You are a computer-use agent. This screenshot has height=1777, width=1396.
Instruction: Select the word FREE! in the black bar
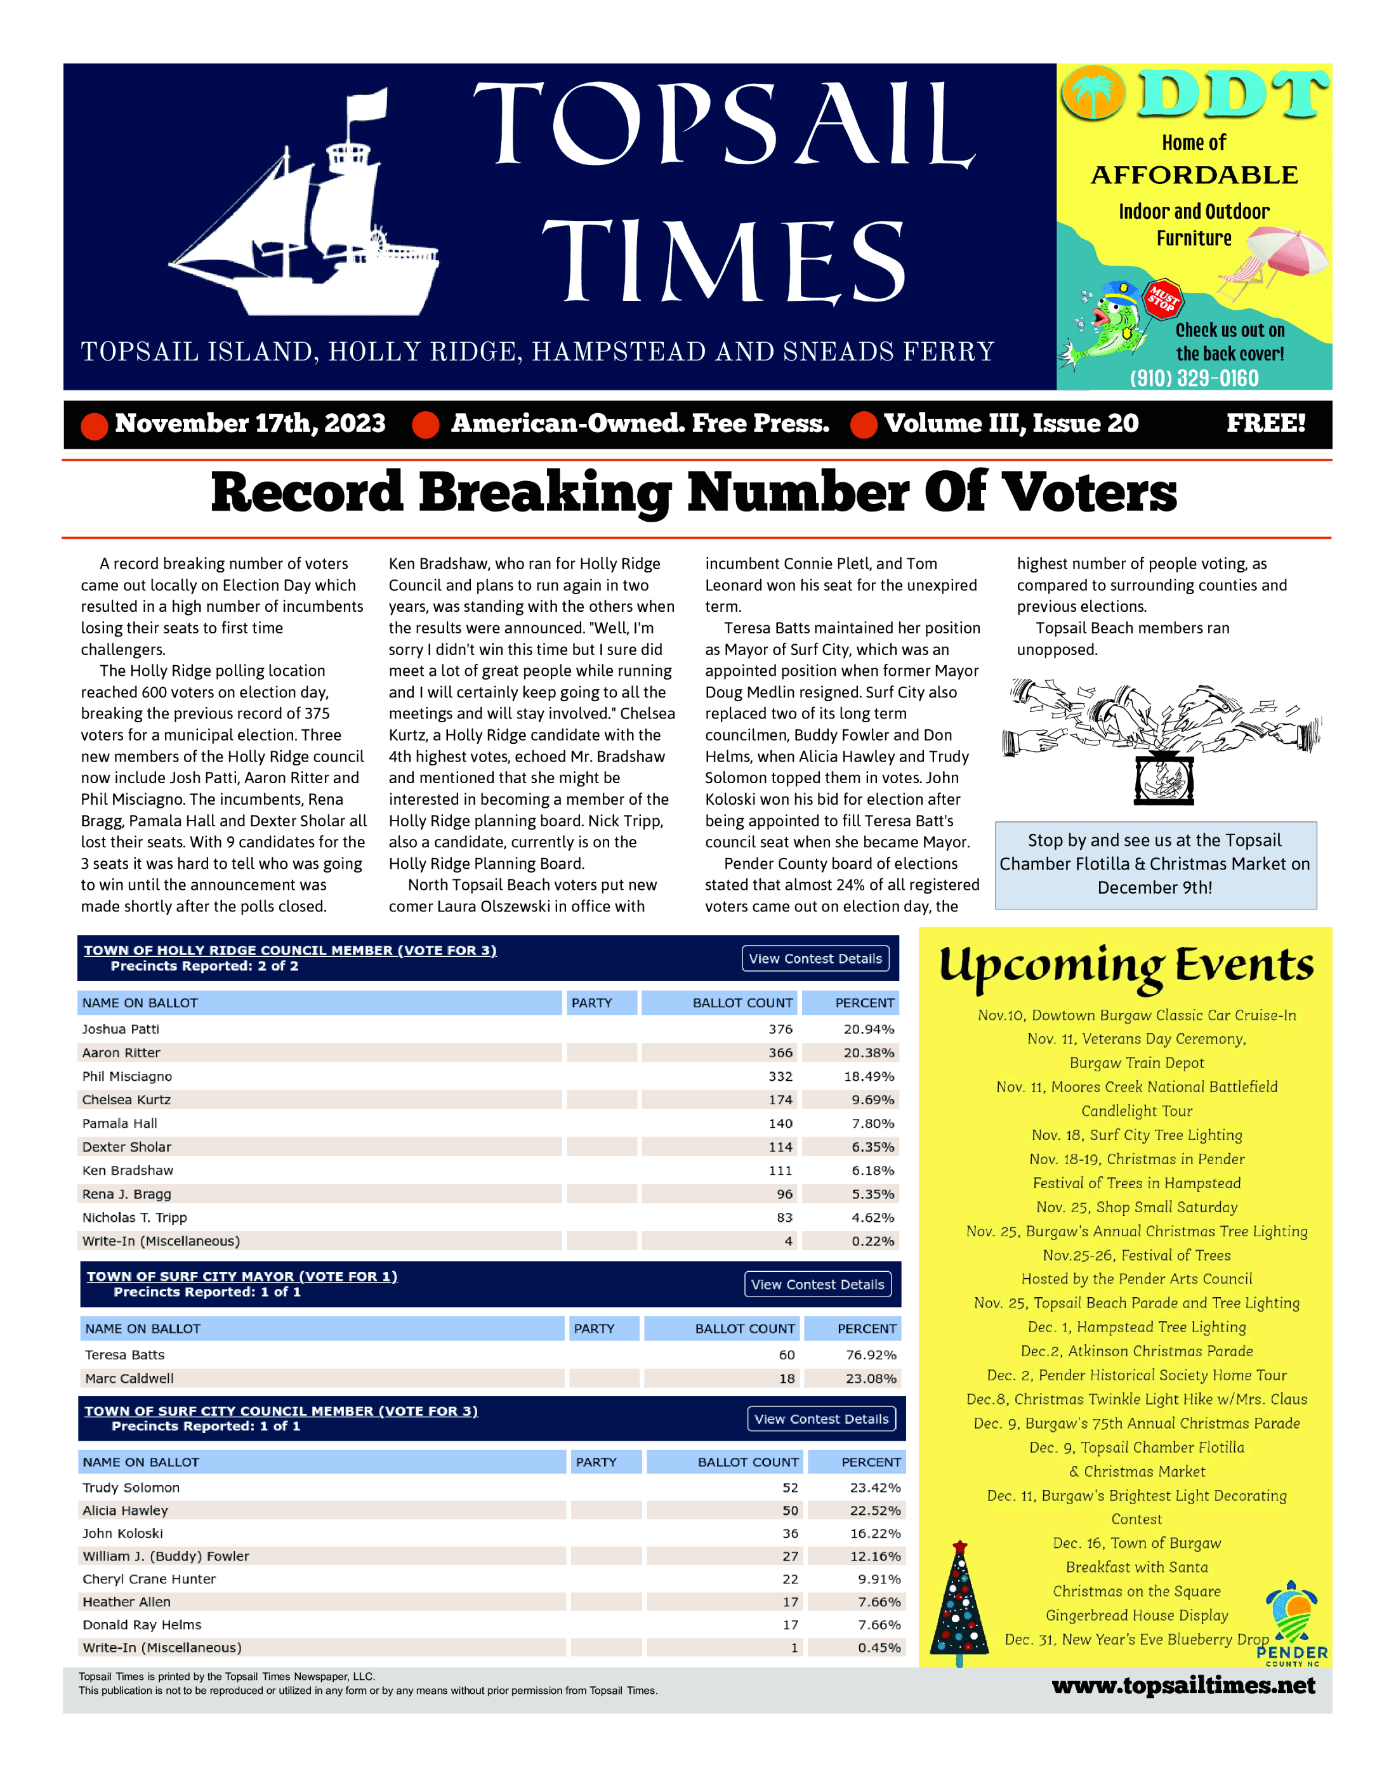pos(1265,423)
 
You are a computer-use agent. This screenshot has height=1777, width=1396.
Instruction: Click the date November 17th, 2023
pos(249,423)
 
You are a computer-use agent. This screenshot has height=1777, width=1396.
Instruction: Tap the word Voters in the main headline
pos(1089,493)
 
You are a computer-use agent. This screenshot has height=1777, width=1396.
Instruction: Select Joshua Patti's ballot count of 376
pos(780,1029)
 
